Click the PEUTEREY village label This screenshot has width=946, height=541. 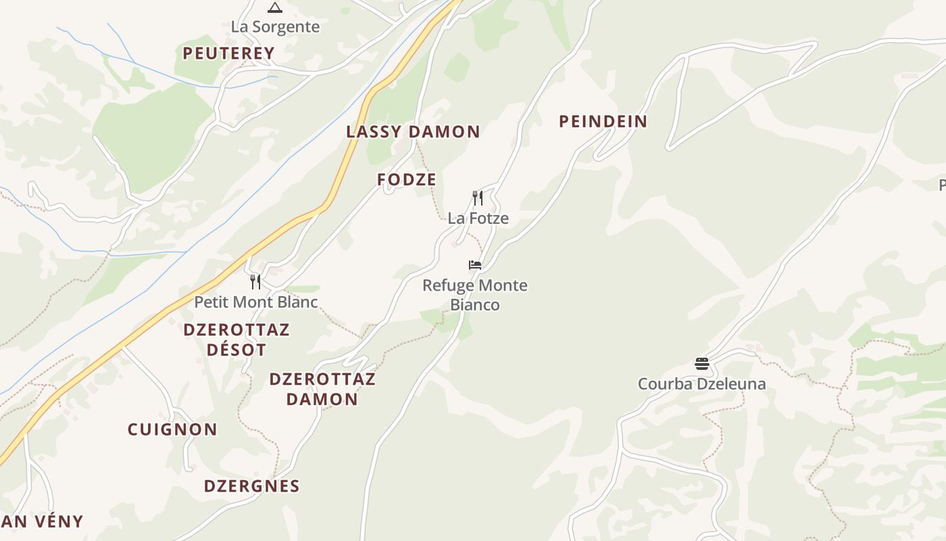click(x=228, y=53)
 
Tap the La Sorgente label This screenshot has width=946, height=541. click(x=275, y=27)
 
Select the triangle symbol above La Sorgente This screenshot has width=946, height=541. click(x=274, y=8)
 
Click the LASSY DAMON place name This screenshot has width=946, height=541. click(x=413, y=132)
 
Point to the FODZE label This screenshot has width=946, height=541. click(x=407, y=180)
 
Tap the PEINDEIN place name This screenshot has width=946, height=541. click(x=603, y=122)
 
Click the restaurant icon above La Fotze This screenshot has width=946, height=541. click(x=478, y=197)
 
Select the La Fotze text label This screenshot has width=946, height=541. click(x=478, y=218)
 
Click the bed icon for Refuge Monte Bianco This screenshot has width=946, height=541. click(x=475, y=264)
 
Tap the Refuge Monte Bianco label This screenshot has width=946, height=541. click(x=475, y=295)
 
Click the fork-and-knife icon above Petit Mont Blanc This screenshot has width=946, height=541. click(x=255, y=281)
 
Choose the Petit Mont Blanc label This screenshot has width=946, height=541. click(x=255, y=302)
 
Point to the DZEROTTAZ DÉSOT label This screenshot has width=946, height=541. click(x=236, y=339)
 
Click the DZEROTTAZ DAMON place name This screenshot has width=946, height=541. click(x=322, y=389)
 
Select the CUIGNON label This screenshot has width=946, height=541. click(x=172, y=429)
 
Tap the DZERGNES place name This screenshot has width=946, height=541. click(x=251, y=486)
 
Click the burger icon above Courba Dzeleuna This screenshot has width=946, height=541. click(x=701, y=364)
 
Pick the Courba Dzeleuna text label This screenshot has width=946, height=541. click(x=701, y=384)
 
